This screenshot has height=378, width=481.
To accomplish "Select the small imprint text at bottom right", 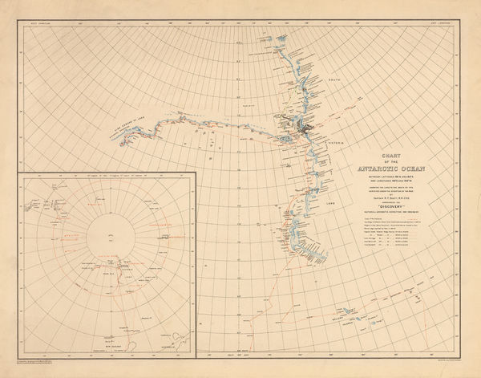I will click(446, 365).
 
